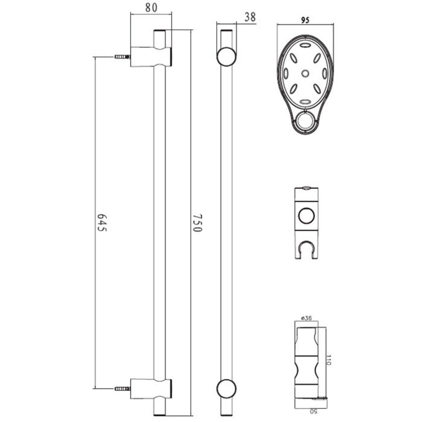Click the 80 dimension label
[x=151, y=7]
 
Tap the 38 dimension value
[x=250, y=17]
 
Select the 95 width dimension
[x=305, y=20]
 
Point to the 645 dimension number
[x=102, y=223]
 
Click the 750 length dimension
[x=197, y=223]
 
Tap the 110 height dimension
[x=328, y=360]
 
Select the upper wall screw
[x=123, y=57]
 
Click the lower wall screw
[x=123, y=389]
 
